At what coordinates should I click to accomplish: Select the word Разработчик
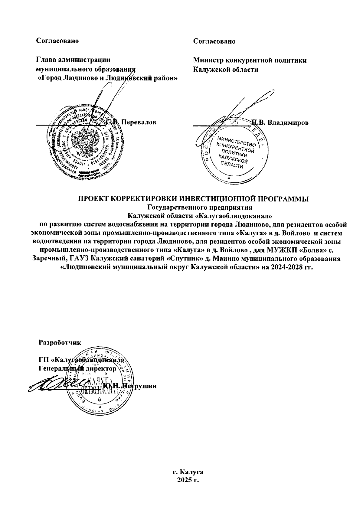point(60,343)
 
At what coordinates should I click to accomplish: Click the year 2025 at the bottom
point(185,488)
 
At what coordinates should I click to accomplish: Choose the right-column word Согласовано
point(214,41)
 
